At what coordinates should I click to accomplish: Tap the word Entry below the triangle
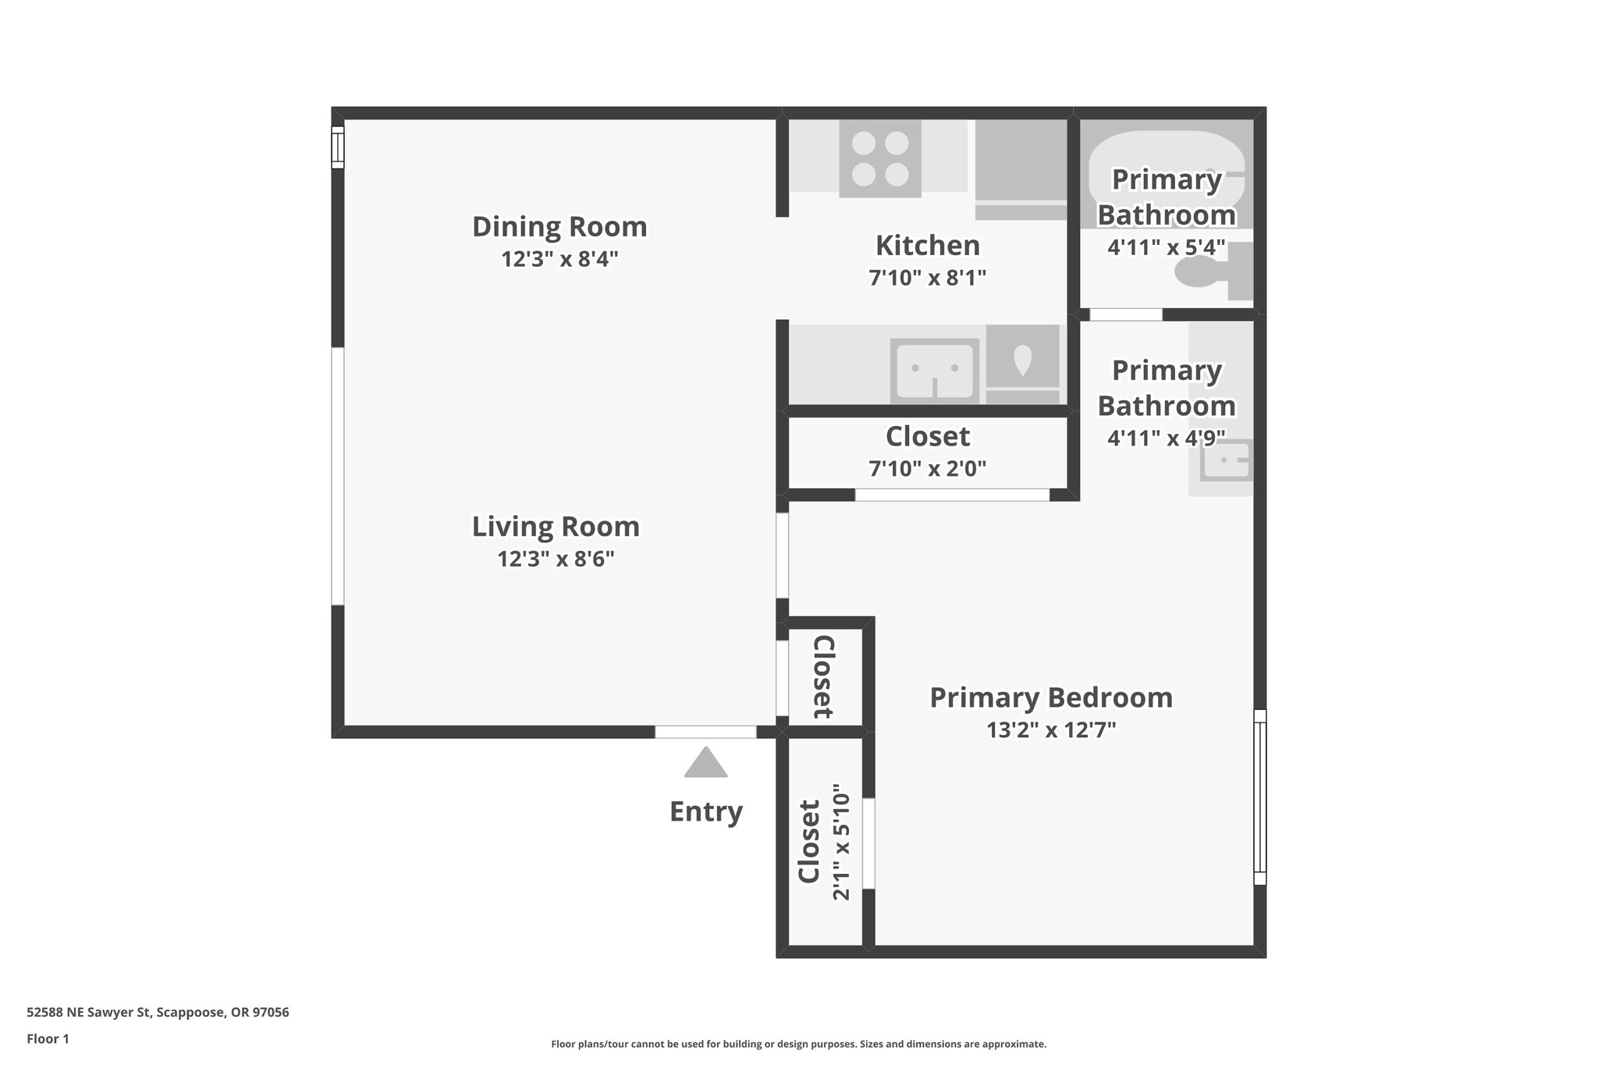click(705, 811)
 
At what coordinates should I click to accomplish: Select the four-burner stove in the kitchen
click(879, 158)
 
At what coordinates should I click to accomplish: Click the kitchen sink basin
click(934, 371)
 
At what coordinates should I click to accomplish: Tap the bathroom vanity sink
click(1226, 460)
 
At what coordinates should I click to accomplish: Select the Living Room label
click(556, 527)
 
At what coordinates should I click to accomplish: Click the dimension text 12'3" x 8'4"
click(559, 259)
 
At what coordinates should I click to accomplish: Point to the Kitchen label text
click(927, 246)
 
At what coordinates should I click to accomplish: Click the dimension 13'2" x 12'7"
click(1050, 730)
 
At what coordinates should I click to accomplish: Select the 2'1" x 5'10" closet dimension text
click(840, 842)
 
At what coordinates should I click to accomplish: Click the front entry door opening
click(705, 732)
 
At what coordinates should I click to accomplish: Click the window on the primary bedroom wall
click(1259, 797)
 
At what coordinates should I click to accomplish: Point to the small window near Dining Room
click(338, 147)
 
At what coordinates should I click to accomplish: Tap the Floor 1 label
click(48, 1039)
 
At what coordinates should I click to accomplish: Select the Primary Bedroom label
click(1050, 698)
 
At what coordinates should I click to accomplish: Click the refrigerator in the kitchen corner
click(1021, 168)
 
